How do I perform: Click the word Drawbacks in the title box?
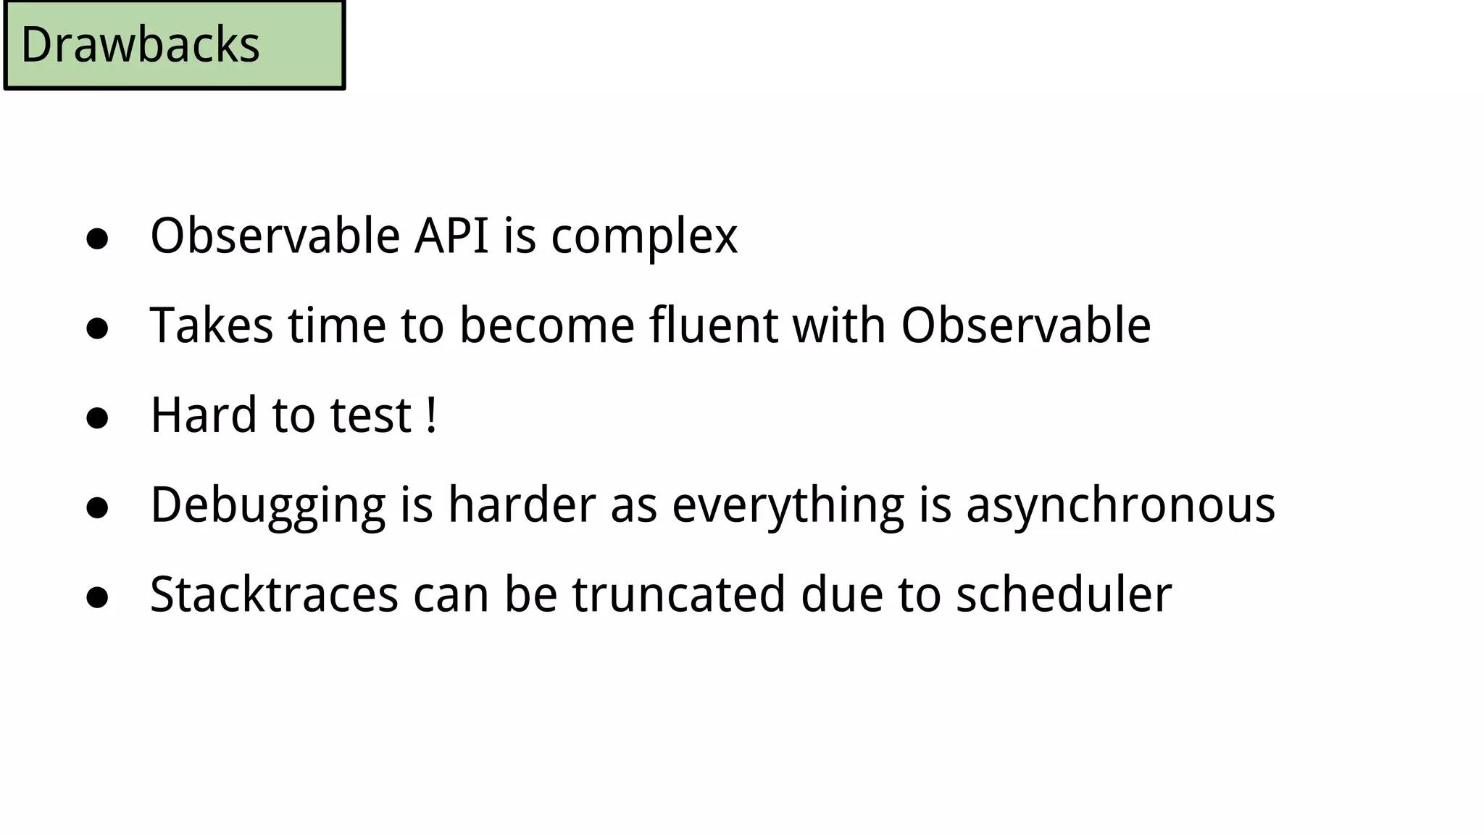pos(140,45)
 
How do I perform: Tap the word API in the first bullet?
pos(451,236)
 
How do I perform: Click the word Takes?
pos(212,325)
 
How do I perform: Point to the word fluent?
pos(714,325)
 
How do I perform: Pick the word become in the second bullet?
pos(547,325)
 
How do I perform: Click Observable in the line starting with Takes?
pos(1025,325)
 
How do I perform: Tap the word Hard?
pos(204,415)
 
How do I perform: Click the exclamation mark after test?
pos(432,415)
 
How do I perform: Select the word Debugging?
pos(268,506)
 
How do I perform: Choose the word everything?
pos(788,506)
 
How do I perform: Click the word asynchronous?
pos(1120,506)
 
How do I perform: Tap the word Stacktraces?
pos(274,594)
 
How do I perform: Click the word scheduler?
pos(1063,594)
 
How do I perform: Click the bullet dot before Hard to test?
pos(97,418)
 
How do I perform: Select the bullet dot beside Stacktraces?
pos(97,597)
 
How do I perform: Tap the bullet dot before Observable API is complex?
pos(97,238)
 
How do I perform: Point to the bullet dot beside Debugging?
pos(97,508)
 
